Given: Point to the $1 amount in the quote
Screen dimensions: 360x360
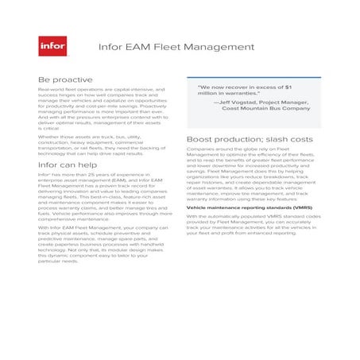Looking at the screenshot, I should (287, 86).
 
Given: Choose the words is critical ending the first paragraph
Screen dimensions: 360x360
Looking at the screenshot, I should (52, 130).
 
